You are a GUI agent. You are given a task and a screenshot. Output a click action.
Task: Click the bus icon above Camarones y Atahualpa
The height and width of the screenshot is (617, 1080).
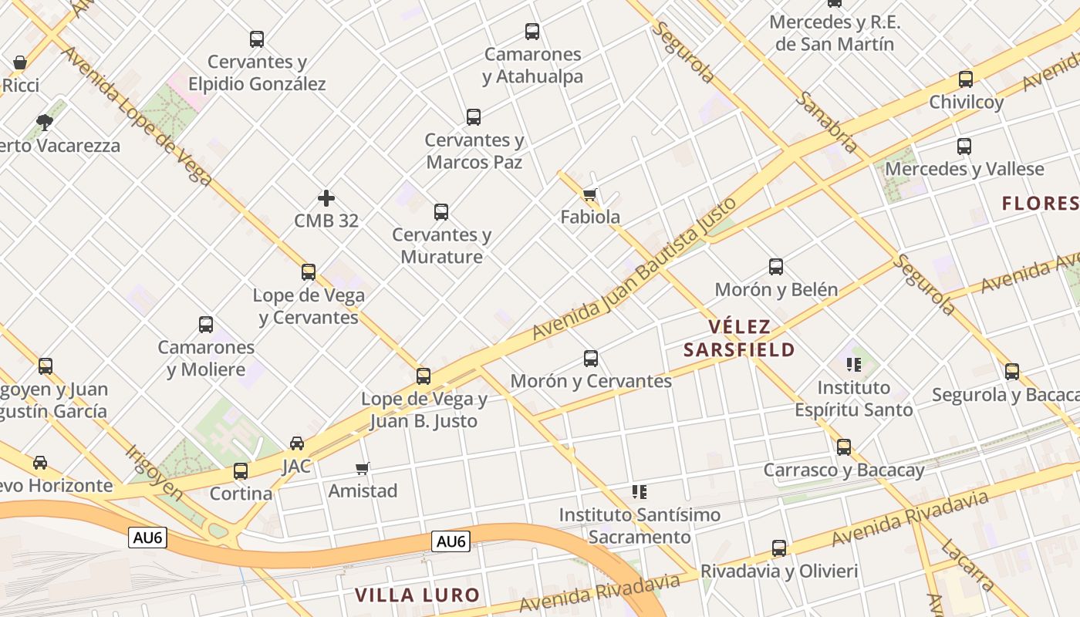532,32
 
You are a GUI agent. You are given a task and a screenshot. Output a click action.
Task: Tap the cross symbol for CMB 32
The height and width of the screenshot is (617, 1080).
326,198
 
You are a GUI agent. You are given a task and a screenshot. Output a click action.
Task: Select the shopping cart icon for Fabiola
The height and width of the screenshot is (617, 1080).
590,194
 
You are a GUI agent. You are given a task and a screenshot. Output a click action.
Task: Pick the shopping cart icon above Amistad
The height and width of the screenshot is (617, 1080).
363,468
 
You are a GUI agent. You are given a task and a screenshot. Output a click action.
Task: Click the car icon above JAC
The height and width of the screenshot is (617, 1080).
297,443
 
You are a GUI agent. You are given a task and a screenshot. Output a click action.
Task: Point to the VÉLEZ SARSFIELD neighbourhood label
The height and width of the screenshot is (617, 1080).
739,339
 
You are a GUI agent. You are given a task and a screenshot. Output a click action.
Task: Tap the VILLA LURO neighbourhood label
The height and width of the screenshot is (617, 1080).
417,595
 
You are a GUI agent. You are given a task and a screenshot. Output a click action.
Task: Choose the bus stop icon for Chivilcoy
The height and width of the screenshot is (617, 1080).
965,79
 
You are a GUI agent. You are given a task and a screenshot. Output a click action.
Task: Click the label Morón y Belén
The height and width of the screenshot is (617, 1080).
776,290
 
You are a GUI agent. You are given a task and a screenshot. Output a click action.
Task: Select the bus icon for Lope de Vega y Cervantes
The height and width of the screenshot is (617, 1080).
309,272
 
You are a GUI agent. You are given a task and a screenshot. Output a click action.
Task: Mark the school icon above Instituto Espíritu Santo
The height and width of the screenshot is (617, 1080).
853,364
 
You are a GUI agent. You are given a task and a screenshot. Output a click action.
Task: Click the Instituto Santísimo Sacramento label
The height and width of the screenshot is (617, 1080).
640,525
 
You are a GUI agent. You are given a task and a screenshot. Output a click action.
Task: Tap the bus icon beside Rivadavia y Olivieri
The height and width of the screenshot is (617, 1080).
779,548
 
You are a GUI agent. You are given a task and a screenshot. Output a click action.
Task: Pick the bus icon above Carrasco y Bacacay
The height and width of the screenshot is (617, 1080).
844,447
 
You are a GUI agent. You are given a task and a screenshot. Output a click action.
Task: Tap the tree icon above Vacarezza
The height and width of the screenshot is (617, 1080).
45,122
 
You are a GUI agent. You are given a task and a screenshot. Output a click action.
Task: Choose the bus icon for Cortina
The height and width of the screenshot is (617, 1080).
241,471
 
